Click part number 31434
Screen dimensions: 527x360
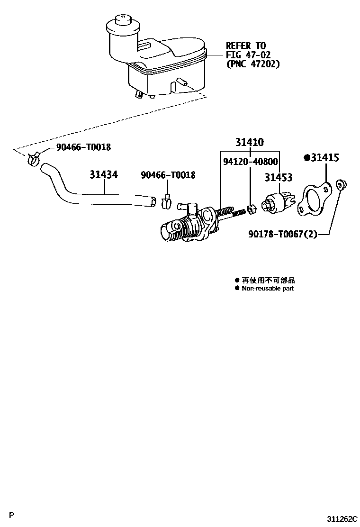pyautogui.click(x=104, y=175)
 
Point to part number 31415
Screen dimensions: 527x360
pyautogui.click(x=325, y=158)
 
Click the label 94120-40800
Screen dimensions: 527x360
pyautogui.click(x=250, y=162)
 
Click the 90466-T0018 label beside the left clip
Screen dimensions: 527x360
pyautogui.click(x=83, y=147)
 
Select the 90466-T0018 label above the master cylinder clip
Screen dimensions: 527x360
pyautogui.click(x=168, y=175)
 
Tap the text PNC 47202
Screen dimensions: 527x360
pyautogui.click(x=252, y=64)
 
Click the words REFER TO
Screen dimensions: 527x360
pyautogui.click(x=245, y=46)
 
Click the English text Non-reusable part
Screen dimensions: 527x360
pyautogui.click(x=268, y=288)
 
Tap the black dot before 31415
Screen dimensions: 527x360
pyautogui.click(x=306, y=158)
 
